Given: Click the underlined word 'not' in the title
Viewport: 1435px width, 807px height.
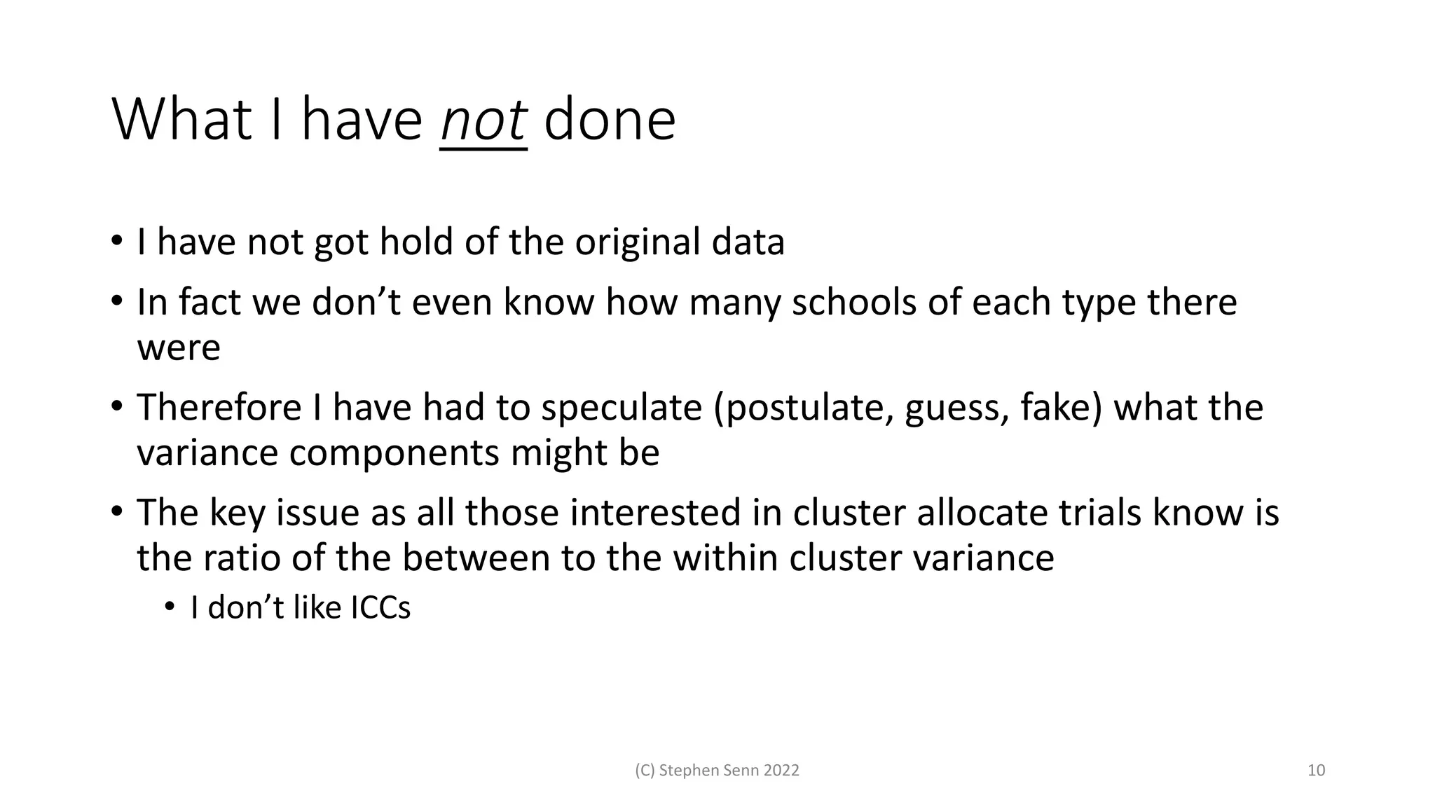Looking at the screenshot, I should tap(483, 120).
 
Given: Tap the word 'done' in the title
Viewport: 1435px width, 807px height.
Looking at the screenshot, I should tap(610, 120).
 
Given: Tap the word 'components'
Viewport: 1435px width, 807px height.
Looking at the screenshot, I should tap(394, 453).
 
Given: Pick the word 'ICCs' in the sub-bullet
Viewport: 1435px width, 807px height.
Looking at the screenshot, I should tap(380, 607).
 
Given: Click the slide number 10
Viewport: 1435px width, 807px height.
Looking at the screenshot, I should tap(1316, 771).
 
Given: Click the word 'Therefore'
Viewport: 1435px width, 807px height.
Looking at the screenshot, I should tap(219, 408).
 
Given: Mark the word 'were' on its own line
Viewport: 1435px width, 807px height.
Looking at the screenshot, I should tap(179, 347).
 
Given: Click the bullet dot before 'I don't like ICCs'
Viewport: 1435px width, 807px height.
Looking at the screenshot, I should tap(169, 607).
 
